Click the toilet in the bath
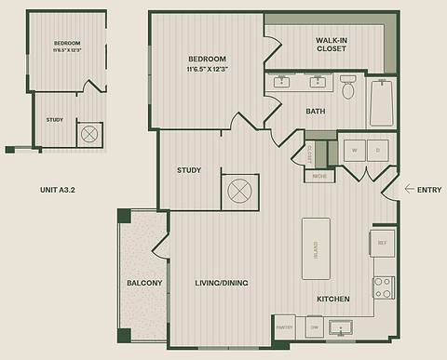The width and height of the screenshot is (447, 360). pyautogui.click(x=348, y=87)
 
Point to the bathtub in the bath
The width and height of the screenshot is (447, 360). pyautogui.click(x=383, y=102)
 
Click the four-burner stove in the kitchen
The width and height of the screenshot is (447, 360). pyautogui.click(x=383, y=287)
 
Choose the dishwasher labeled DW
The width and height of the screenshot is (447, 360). pyautogui.click(x=314, y=328)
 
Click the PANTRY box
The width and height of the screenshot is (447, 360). pyautogui.click(x=285, y=328)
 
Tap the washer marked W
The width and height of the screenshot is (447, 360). pyautogui.click(x=354, y=149)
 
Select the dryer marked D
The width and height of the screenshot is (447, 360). pyautogui.click(x=378, y=149)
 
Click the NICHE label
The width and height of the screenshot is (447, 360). pyautogui.click(x=318, y=175)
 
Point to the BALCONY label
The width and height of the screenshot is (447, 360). pyautogui.click(x=144, y=283)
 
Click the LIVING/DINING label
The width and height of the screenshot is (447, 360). pyautogui.click(x=220, y=283)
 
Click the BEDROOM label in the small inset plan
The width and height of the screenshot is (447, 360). pyautogui.click(x=67, y=44)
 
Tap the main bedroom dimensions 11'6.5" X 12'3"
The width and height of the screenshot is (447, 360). pyautogui.click(x=207, y=68)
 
